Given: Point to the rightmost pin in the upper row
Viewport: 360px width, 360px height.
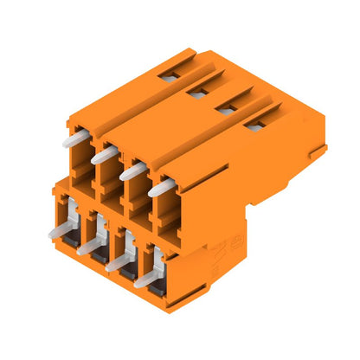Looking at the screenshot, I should [x=160, y=187].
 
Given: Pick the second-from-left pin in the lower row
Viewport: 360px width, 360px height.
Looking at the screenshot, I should [x=89, y=247].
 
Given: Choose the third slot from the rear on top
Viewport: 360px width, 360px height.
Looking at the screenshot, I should [x=228, y=109].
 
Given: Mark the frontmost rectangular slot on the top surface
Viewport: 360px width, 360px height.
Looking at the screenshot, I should [x=255, y=125].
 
